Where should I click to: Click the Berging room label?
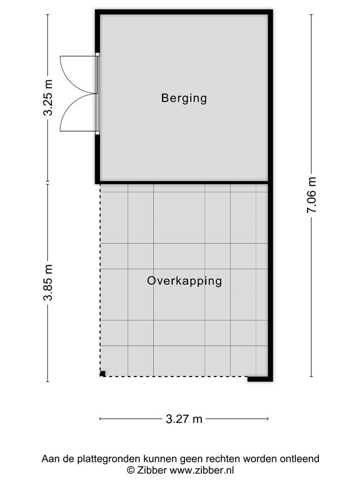pos(184,98)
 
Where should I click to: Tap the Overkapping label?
pos(184,281)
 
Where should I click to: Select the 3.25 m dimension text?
pos(48,97)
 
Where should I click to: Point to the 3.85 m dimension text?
pos(48,282)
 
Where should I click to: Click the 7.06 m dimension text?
pos(311,195)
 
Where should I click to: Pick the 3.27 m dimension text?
pos(184,419)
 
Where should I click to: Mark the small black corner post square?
pos(102,374)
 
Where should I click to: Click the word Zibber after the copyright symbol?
pos(151,470)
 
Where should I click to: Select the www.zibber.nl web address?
pos(202,470)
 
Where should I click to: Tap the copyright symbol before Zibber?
pos(131,470)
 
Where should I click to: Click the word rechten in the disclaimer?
pos(223,459)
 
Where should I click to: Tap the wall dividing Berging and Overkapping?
pos(184,182)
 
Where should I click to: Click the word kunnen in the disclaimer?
pos(160,459)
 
